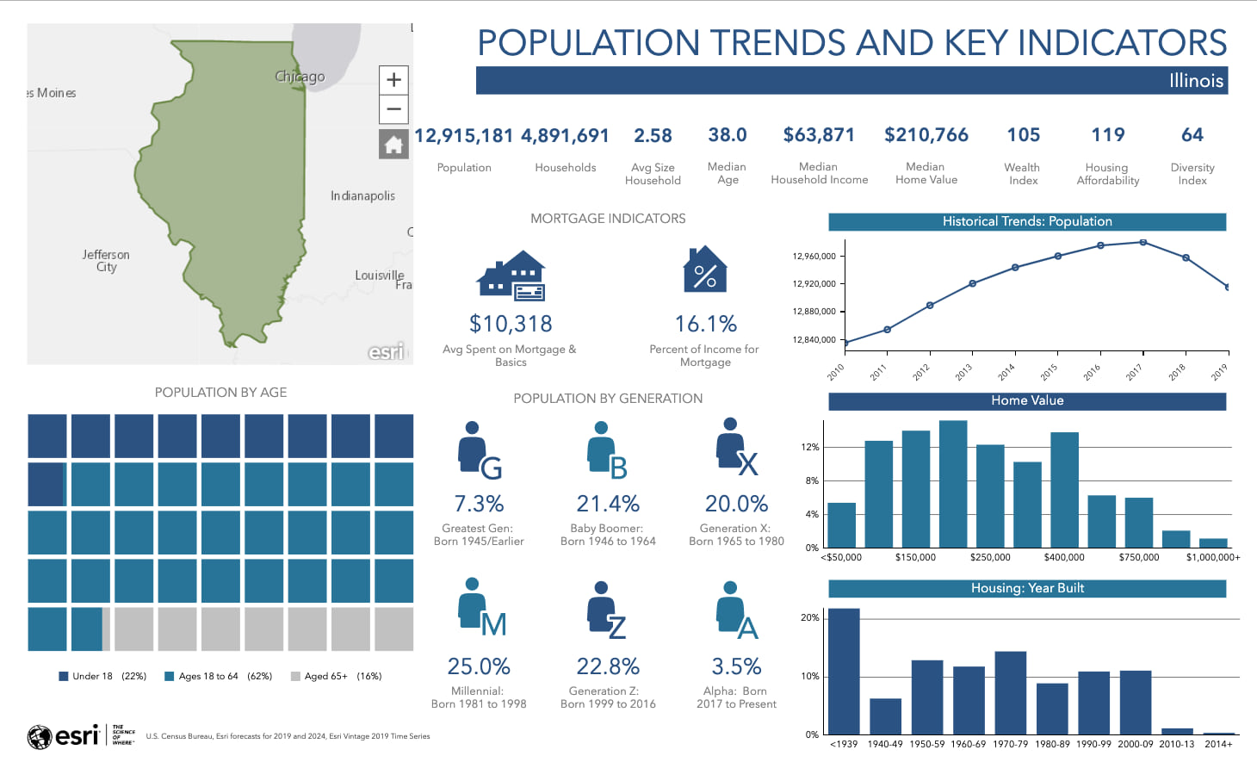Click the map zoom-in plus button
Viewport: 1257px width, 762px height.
click(x=393, y=80)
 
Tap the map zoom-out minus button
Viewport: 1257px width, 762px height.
click(x=393, y=109)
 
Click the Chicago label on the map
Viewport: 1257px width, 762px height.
click(x=300, y=77)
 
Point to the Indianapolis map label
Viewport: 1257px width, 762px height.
click(x=362, y=196)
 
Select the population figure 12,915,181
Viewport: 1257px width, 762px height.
click(x=463, y=136)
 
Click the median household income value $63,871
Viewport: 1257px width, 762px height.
click(x=819, y=135)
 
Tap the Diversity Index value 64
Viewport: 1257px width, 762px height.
click(x=1192, y=135)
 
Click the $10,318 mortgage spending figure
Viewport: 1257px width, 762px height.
click(x=511, y=324)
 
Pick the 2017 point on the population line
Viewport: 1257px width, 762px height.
click(x=1142, y=243)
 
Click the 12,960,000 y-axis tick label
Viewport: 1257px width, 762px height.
click(x=814, y=257)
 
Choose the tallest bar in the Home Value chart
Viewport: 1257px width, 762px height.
click(x=952, y=483)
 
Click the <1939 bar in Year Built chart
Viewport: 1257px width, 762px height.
click(x=844, y=671)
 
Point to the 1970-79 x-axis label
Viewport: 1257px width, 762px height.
click(x=1010, y=744)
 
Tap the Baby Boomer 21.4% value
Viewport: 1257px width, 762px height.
click(x=607, y=504)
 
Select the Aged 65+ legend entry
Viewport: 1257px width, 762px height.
click(x=337, y=677)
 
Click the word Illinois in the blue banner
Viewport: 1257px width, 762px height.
click(x=1196, y=81)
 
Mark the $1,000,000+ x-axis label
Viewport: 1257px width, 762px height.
click(x=1212, y=558)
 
